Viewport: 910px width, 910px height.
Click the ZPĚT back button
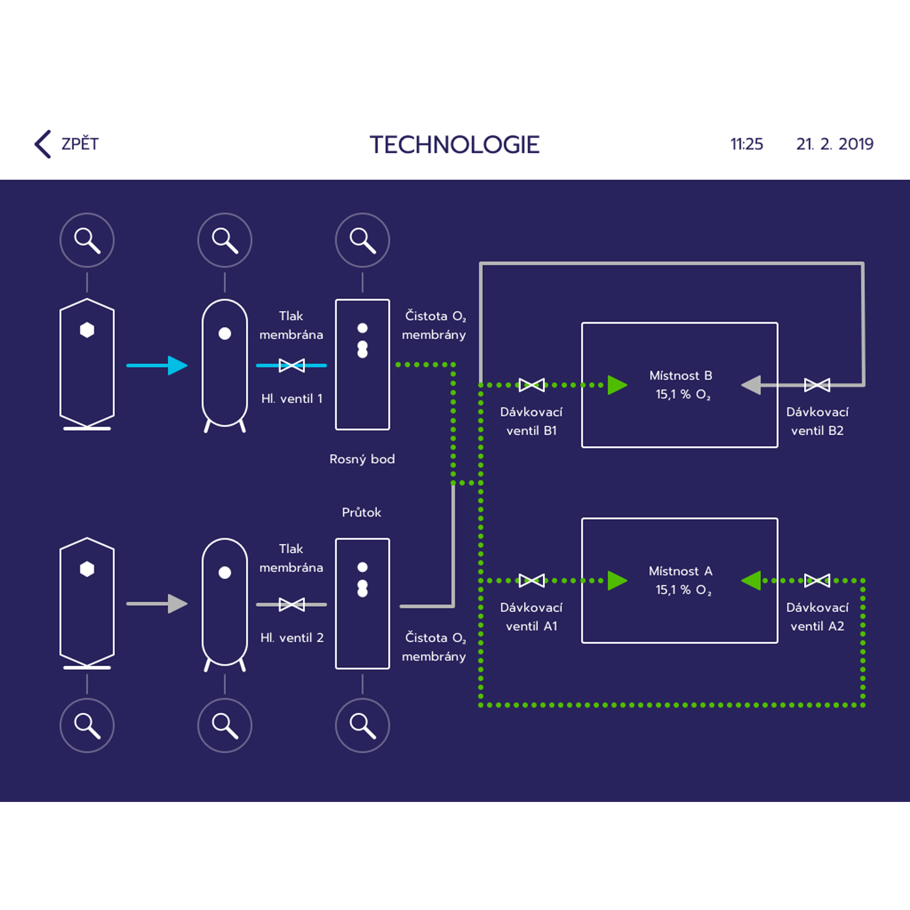(67, 144)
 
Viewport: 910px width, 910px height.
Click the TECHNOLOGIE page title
(454, 145)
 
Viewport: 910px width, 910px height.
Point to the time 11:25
(746, 144)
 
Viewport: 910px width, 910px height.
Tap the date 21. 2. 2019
(834, 144)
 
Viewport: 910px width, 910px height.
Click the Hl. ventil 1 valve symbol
(292, 365)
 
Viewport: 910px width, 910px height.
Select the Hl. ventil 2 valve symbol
(292, 604)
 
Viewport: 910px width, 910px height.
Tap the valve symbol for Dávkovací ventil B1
(532, 385)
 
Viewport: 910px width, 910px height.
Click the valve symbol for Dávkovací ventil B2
(817, 385)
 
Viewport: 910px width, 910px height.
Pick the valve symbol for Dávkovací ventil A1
(532, 581)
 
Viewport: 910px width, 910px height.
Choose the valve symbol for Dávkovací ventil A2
(817, 581)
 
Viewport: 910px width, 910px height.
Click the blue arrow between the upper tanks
(158, 365)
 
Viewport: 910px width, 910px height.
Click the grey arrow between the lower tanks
(158, 604)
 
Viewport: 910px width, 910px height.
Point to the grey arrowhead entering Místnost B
(751, 385)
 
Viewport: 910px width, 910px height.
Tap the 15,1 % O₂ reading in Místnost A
(683, 590)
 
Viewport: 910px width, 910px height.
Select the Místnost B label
(681, 375)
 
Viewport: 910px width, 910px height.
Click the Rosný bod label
(362, 459)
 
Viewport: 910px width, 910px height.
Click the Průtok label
(362, 512)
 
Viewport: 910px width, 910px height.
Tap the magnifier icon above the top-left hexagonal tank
(87, 240)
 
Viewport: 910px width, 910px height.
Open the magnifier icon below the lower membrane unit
(362, 726)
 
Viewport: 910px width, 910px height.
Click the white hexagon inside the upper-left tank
(87, 330)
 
